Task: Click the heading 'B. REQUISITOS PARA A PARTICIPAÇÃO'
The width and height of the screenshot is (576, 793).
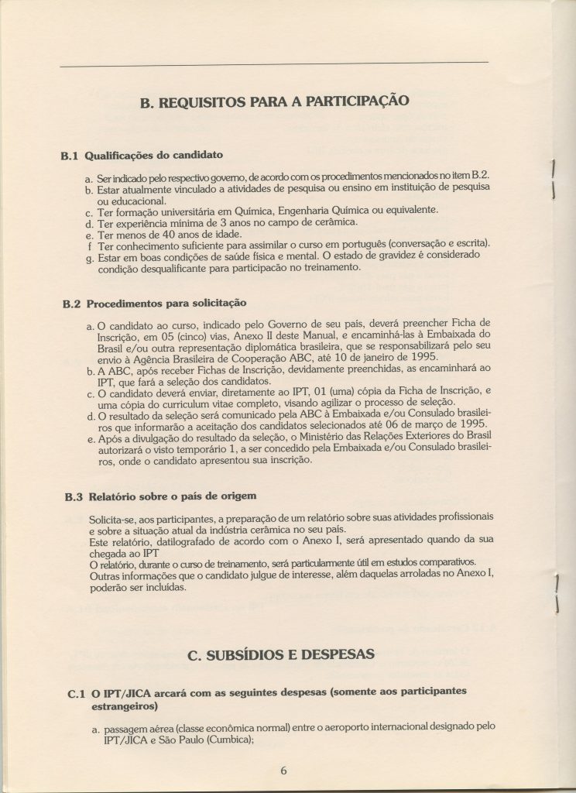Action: point(275,100)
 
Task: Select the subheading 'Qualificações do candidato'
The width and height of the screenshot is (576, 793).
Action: point(153,155)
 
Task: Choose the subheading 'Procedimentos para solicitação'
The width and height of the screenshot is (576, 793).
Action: point(166,303)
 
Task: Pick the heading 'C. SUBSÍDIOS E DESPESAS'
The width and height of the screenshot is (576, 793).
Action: point(281,654)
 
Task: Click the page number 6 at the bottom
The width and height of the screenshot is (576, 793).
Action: point(284,771)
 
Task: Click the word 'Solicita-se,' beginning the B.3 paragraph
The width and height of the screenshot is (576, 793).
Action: point(116,516)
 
